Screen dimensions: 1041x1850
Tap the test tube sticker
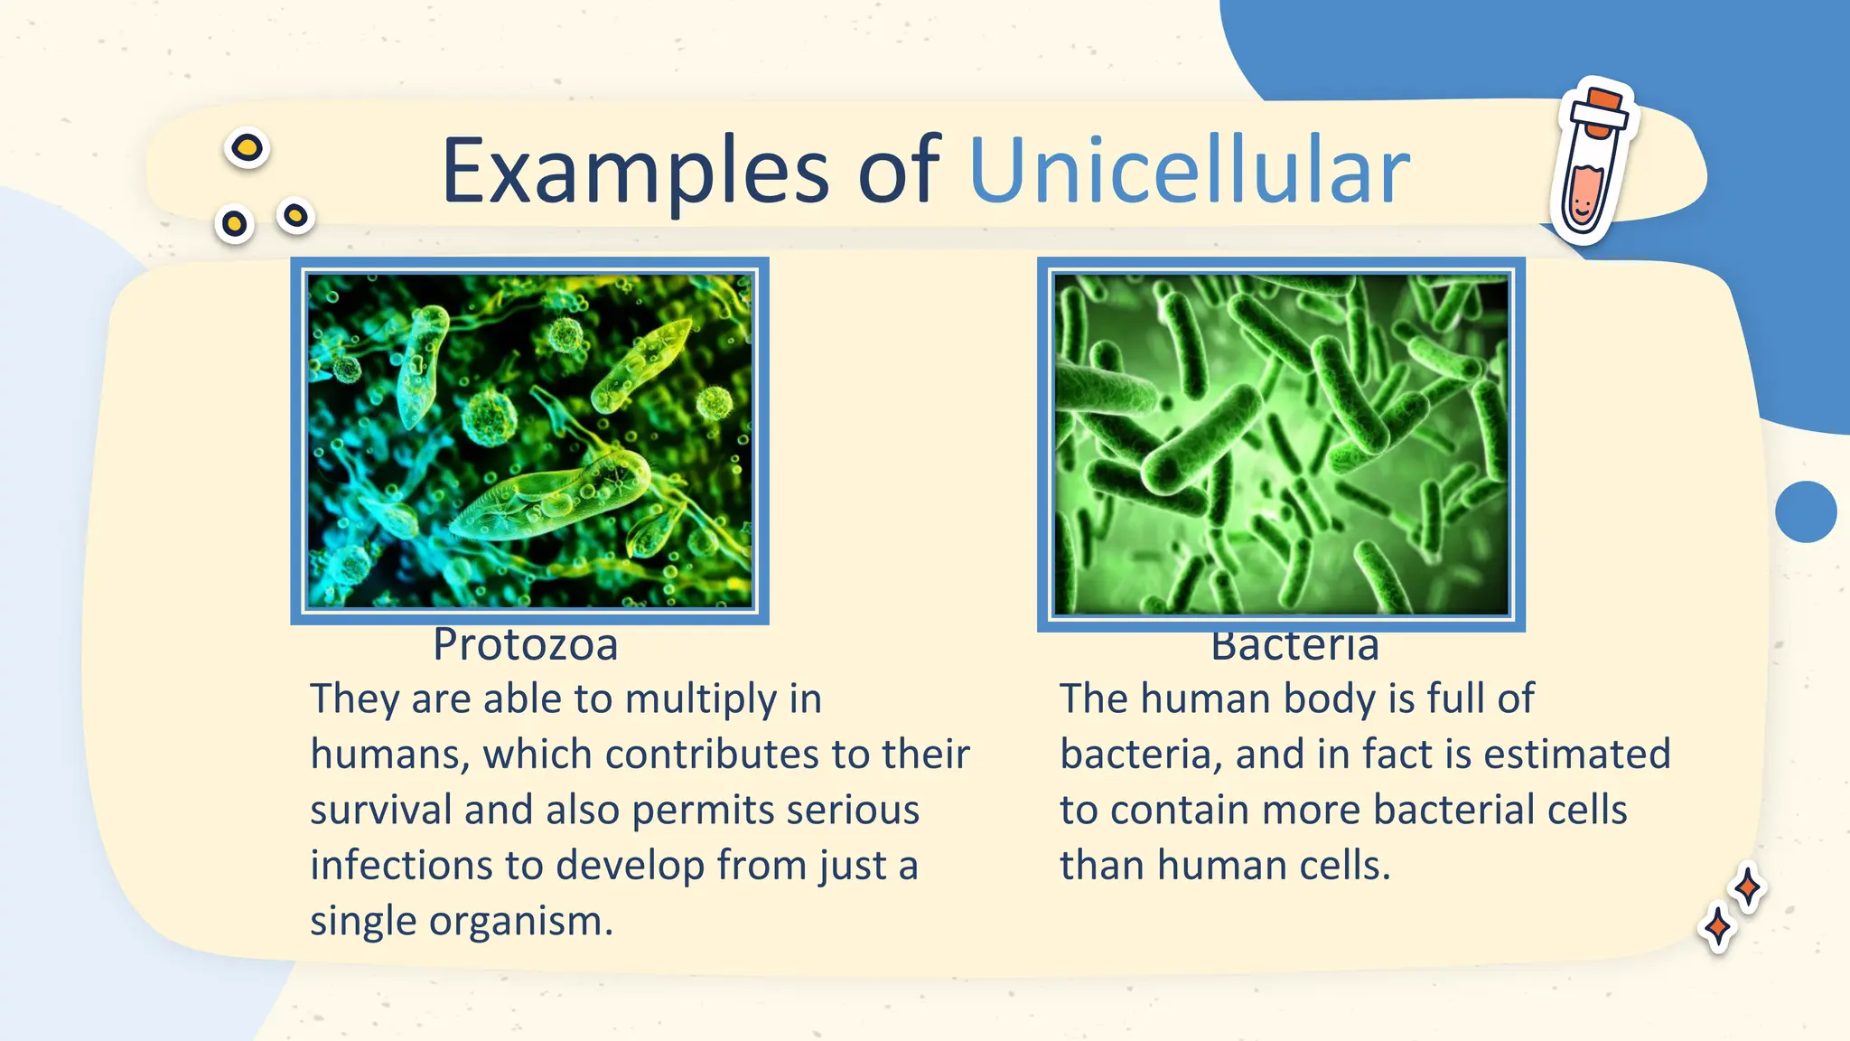tap(1592, 163)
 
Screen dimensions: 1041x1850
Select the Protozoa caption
tap(525, 645)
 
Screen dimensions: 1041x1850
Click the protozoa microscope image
tap(529, 440)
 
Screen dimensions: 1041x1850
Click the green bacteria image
tap(1281, 444)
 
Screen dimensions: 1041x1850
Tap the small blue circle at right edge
tap(1805, 511)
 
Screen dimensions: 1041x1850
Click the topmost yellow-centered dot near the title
tap(247, 147)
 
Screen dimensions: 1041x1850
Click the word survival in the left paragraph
tap(380, 810)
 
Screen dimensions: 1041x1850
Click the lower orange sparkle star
tap(1716, 927)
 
